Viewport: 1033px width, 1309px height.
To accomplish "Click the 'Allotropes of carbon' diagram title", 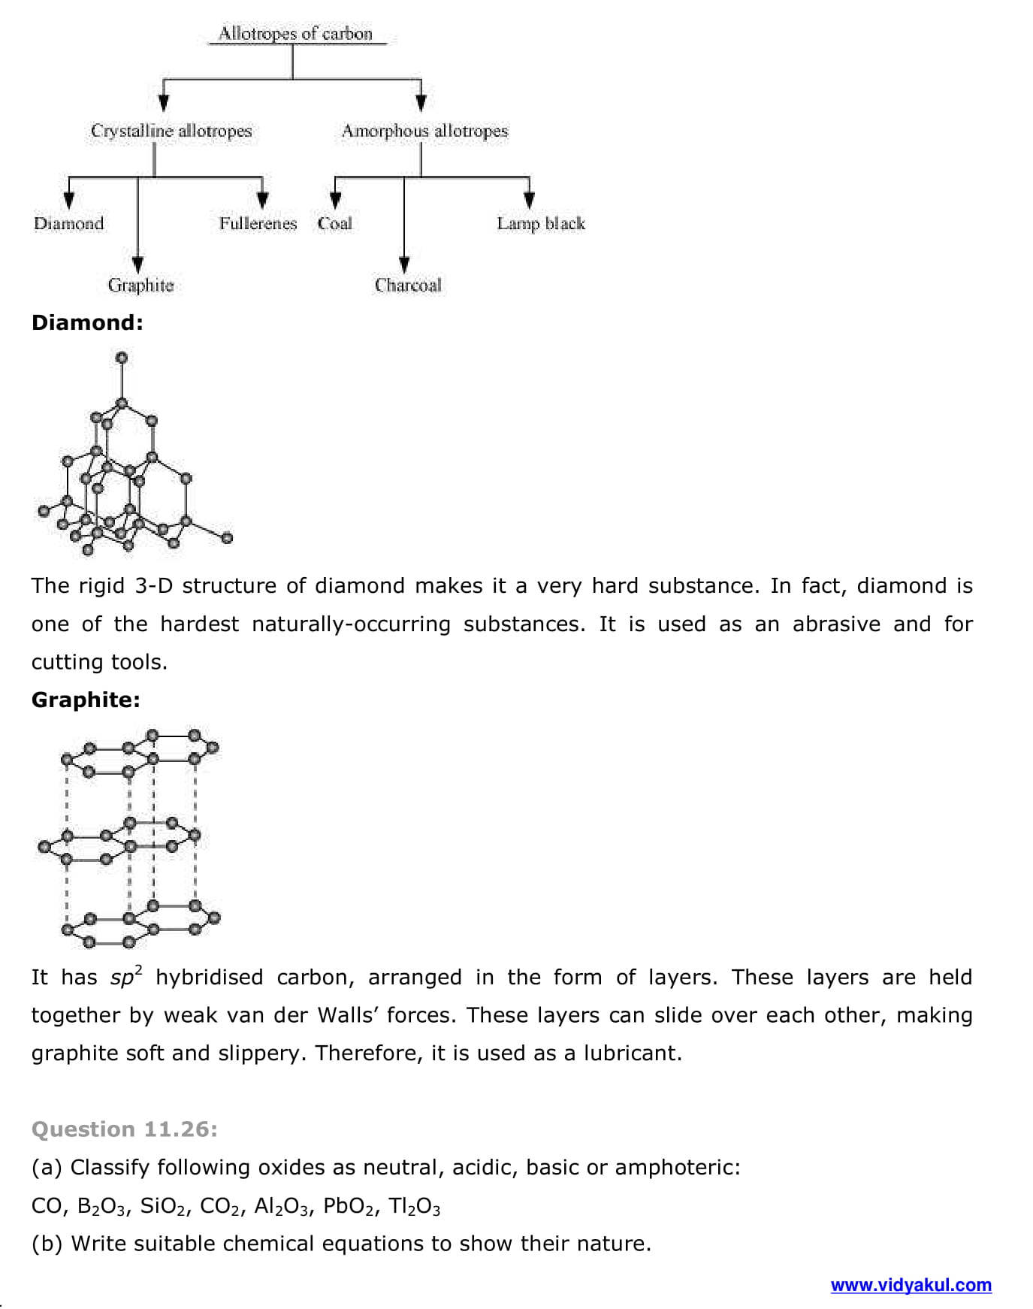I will [295, 34].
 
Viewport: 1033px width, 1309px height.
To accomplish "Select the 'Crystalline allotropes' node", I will [171, 131].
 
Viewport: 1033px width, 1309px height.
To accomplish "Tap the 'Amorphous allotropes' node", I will [424, 131].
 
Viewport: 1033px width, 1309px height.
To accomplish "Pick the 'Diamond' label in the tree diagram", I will [68, 223].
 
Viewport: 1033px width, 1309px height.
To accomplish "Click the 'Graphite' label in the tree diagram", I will [140, 286].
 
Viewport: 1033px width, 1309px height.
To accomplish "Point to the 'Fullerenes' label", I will [258, 223].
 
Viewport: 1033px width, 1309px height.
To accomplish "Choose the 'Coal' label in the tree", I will [334, 223].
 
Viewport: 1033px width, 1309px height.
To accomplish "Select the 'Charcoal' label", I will [408, 286].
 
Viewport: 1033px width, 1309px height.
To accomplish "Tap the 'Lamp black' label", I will [540, 223].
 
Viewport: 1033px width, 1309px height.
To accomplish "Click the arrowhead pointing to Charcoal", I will [404, 265].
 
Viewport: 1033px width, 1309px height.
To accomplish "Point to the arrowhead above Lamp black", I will [529, 200].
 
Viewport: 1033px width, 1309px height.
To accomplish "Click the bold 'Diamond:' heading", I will [87, 323].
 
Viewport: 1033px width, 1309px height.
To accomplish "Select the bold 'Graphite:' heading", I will [86, 700].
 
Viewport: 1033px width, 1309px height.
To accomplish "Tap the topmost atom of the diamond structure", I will [122, 358].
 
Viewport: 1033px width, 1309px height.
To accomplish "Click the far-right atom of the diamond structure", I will [227, 537].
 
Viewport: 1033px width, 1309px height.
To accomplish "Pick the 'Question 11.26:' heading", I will [125, 1129].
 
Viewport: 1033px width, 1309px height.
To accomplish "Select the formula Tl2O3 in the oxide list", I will [414, 1207].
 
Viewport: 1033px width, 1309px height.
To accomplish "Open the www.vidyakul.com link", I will [911, 1285].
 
